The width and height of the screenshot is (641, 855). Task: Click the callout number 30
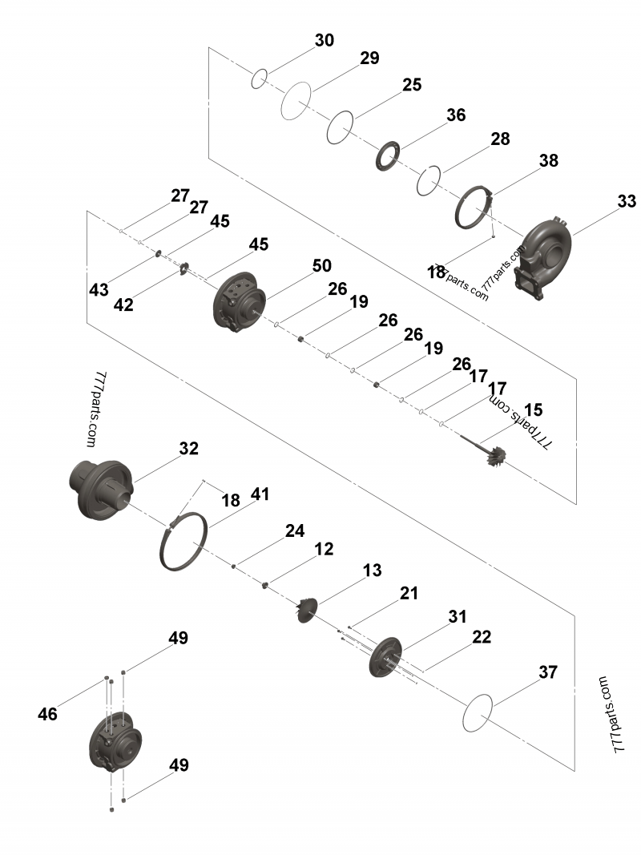coord(325,40)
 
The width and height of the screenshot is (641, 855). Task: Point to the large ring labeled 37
coord(478,712)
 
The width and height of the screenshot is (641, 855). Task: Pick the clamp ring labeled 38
coord(473,208)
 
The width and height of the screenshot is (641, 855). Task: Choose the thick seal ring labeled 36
coord(389,155)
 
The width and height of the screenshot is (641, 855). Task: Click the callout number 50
coord(322,265)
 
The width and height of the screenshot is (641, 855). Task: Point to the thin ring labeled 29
coord(295,101)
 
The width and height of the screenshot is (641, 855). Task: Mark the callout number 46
coord(48,713)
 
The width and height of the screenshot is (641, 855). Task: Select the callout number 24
coord(296,530)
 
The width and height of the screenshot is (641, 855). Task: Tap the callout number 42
coord(123,304)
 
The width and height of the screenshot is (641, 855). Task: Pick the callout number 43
coord(99,290)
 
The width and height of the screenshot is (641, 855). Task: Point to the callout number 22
coord(482,637)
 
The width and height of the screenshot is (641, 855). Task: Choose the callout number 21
coord(409,593)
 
